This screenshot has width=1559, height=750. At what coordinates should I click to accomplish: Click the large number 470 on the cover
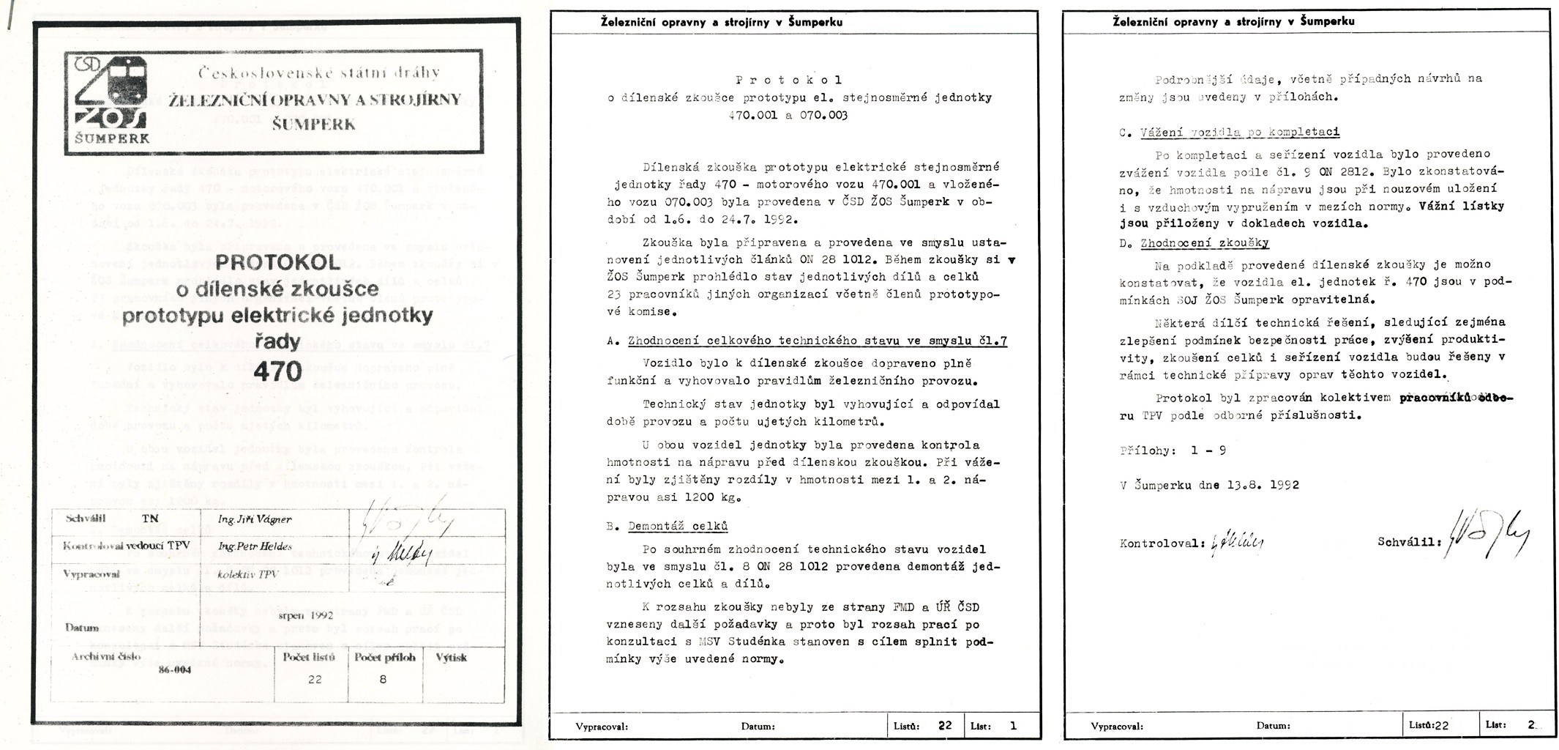[x=277, y=372]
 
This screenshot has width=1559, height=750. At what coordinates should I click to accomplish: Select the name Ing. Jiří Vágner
[x=255, y=519]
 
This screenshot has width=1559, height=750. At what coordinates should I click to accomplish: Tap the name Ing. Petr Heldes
[x=255, y=546]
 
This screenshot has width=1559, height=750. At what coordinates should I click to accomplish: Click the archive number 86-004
[x=175, y=669]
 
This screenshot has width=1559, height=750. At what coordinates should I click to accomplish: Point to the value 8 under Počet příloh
[x=383, y=680]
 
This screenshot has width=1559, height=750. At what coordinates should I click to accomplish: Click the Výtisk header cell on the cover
[x=451, y=658]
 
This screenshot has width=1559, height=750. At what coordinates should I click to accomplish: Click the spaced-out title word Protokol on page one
[x=788, y=80]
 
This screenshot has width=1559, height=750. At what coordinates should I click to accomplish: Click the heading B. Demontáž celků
[x=667, y=527]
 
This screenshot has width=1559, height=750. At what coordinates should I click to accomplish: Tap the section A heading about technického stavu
[x=807, y=341]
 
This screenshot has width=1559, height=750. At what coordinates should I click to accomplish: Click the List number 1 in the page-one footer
[x=1013, y=726]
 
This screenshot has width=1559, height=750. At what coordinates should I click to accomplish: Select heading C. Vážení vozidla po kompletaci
[x=1230, y=133]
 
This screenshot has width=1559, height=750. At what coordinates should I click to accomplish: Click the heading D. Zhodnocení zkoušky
[x=1195, y=243]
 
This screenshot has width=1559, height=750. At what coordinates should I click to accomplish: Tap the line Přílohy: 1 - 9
[x=1173, y=451]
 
